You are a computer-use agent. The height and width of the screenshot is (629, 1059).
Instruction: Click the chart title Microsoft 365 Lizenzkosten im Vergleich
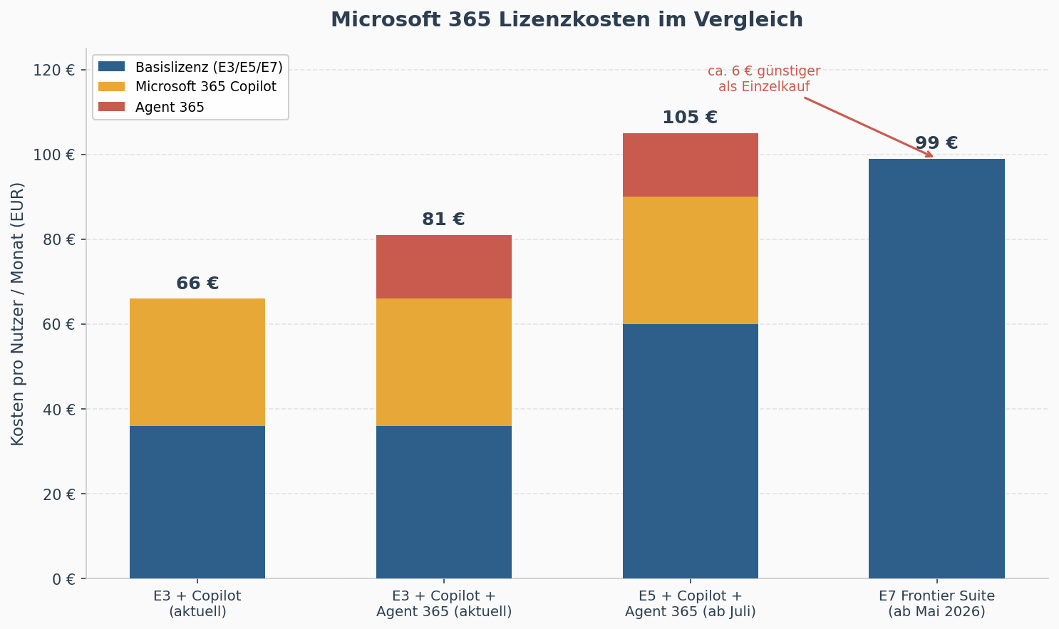coord(567,20)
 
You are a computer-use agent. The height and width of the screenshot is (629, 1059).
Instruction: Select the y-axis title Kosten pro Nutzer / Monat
coord(18,313)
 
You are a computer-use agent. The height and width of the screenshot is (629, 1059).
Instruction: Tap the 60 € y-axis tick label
coord(59,325)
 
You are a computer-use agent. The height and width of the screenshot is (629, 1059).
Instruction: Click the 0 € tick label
coord(63,579)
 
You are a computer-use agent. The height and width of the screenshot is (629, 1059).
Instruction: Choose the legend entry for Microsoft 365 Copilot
coord(205,87)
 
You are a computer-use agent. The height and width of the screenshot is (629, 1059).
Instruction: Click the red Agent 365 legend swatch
coord(111,107)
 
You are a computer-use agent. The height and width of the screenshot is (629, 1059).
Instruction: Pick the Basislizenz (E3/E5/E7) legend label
coord(209,67)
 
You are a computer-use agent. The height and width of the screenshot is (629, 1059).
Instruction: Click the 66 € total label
coord(197,284)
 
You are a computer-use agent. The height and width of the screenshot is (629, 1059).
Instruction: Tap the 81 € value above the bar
coord(443,219)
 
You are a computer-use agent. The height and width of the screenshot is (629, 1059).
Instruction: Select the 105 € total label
coord(690,118)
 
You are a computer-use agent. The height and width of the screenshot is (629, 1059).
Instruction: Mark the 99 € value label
coord(936,143)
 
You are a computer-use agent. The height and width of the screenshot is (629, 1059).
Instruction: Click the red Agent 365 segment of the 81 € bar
coord(443,266)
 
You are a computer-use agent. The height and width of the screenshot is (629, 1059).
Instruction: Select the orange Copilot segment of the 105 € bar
coord(690,260)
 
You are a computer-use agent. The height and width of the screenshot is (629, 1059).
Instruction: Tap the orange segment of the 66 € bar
coord(197,362)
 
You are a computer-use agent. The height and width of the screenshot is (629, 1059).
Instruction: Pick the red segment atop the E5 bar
coord(690,165)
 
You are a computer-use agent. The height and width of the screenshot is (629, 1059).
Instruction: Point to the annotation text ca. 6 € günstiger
coord(764,71)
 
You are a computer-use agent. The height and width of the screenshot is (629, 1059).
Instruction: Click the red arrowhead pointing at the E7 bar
coord(929,154)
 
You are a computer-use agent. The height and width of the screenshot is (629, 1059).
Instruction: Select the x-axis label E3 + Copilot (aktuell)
coord(197,603)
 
